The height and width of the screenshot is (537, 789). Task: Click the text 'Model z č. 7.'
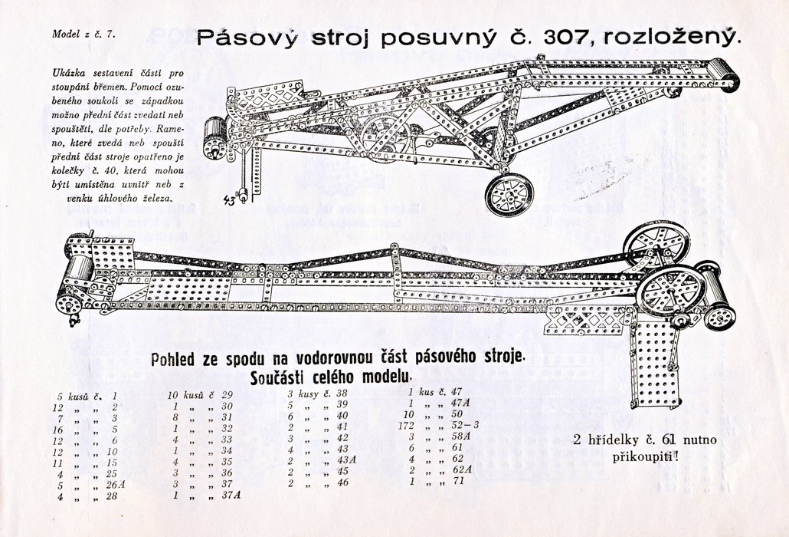point(83,34)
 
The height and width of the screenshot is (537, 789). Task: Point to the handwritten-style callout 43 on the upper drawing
point(230,201)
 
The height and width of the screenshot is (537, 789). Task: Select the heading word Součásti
point(277,377)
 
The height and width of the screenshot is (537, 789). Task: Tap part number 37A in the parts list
point(231,496)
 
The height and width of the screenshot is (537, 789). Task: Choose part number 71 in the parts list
point(458,482)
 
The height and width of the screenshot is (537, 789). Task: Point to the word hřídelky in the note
point(616,441)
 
